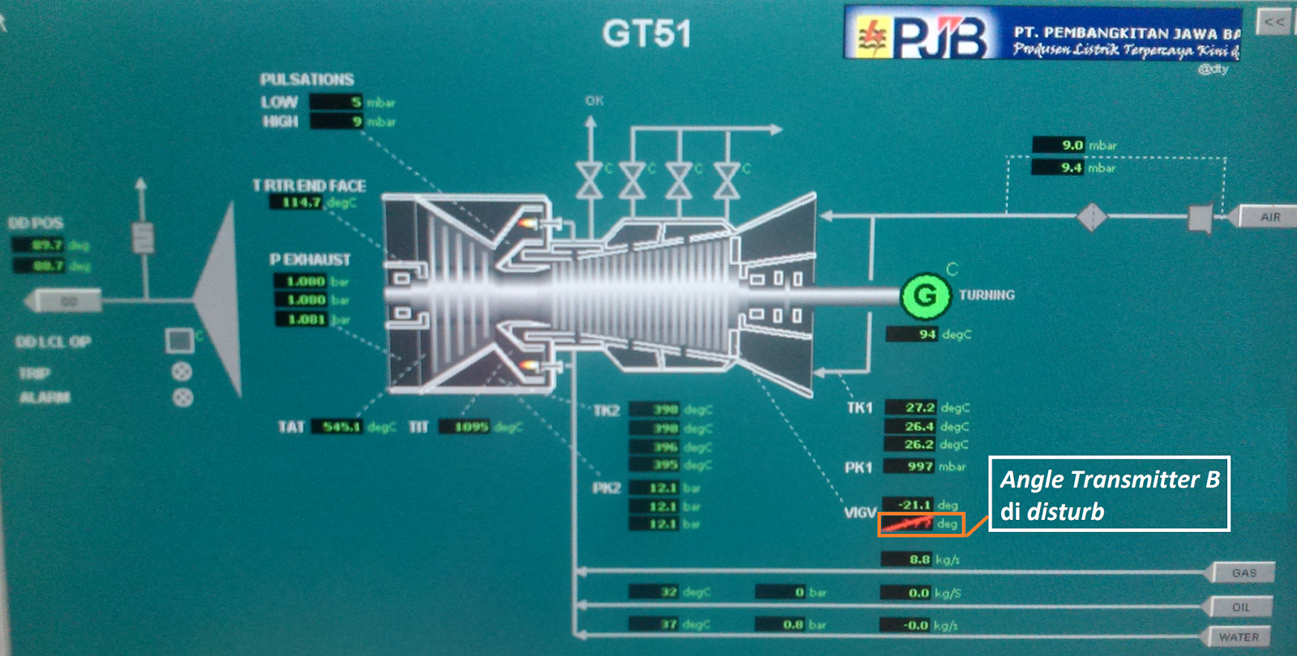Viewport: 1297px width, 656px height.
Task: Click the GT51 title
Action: (646, 34)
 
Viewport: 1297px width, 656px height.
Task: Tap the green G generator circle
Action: (925, 295)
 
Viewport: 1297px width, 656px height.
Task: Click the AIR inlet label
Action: (1270, 217)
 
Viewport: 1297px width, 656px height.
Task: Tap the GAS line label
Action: (1243, 573)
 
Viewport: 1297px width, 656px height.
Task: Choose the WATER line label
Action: (1239, 637)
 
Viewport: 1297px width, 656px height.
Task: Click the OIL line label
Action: (1240, 607)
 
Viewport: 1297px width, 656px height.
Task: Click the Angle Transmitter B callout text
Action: (1108, 494)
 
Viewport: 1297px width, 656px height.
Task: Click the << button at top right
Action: (1273, 22)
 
